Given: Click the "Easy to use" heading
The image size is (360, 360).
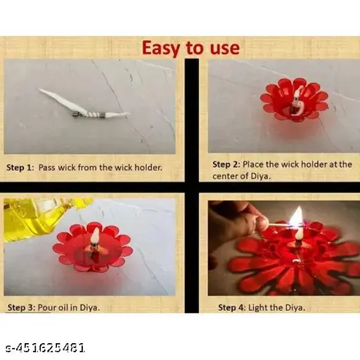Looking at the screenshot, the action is click(191, 48).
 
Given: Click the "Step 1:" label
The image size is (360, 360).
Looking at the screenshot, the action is click(20, 167).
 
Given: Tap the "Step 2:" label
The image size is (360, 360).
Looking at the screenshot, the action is click(226, 165).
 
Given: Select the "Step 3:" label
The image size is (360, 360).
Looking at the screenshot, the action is click(22, 307).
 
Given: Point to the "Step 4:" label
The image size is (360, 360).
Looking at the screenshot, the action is click(232, 307).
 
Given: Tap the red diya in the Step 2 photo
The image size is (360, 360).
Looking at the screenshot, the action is click(295, 100).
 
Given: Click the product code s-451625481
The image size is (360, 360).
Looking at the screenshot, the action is click(45, 348).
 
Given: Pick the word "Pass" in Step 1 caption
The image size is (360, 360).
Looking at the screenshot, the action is click(47, 167).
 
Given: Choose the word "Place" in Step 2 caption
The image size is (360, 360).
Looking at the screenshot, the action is click(253, 165).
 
